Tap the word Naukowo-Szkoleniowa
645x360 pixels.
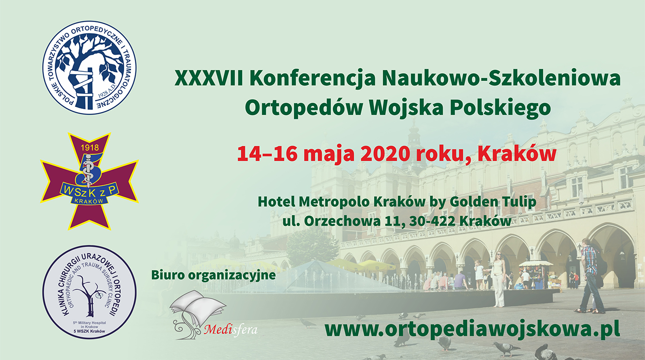(x=501, y=78)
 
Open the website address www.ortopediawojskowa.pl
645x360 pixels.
(x=472, y=330)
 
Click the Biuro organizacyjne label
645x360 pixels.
(x=214, y=275)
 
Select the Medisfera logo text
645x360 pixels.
(x=230, y=329)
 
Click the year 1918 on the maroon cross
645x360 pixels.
(x=89, y=148)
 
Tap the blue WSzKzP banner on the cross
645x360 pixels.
(x=89, y=191)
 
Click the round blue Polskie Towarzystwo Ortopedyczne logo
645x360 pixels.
(x=89, y=67)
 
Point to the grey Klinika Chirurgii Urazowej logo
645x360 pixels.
(x=89, y=292)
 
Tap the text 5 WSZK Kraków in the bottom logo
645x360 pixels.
(x=89, y=331)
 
